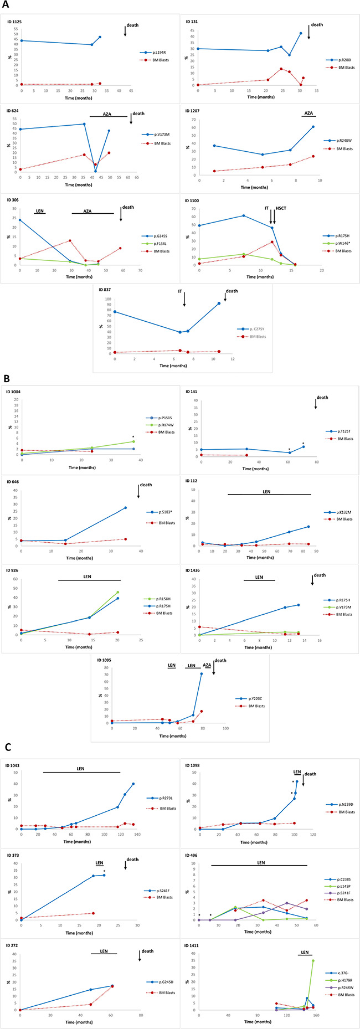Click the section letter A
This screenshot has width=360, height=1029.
[x=6, y=7]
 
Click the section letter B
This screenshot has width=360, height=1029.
[x=6, y=379]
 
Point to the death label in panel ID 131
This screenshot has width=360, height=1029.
[x=317, y=25]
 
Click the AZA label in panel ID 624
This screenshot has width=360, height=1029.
[x=107, y=114]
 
